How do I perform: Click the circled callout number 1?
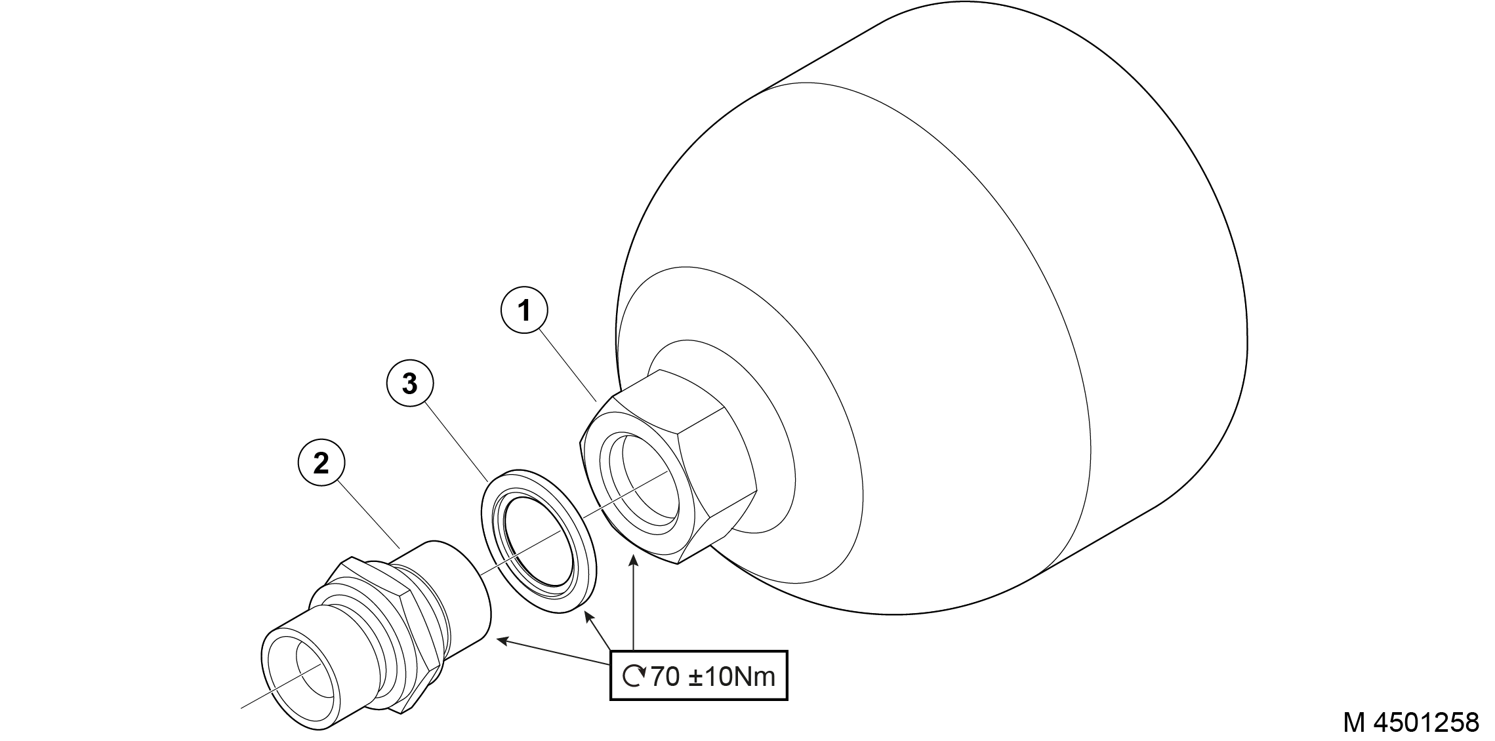coord(524,311)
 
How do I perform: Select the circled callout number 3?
coord(410,384)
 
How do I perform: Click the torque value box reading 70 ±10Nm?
coord(699,675)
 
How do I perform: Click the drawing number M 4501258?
coord(1411,723)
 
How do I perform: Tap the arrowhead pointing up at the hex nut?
coord(634,559)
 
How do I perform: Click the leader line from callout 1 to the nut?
coord(568,366)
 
